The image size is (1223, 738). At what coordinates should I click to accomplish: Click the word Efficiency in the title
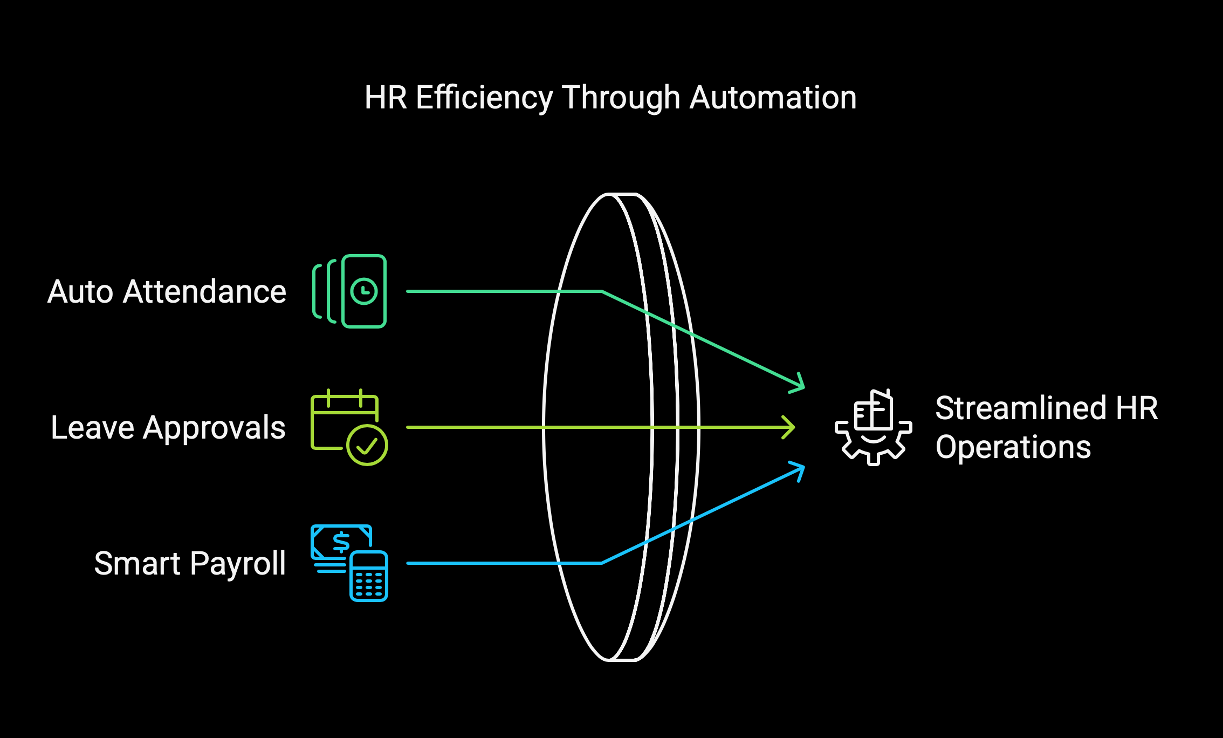tap(484, 98)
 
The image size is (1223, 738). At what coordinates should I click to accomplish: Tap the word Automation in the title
tap(773, 98)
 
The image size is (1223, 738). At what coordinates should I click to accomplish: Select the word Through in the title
tap(622, 98)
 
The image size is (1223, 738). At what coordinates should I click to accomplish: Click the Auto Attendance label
tap(167, 292)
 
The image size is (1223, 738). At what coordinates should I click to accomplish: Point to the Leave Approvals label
tap(168, 428)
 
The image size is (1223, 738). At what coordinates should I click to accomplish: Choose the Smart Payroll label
tap(190, 564)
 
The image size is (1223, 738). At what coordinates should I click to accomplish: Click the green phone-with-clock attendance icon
tap(349, 291)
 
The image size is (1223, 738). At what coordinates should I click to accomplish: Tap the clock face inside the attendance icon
tap(364, 291)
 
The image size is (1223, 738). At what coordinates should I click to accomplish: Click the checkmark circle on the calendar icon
tap(367, 445)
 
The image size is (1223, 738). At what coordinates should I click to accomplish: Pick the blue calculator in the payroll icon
tap(369, 576)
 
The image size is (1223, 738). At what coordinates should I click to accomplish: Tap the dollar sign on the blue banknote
tap(341, 542)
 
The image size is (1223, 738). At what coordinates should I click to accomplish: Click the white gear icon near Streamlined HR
tap(874, 427)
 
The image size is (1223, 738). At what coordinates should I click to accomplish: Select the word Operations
tap(1013, 447)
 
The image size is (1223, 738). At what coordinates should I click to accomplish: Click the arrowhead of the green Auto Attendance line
tap(798, 383)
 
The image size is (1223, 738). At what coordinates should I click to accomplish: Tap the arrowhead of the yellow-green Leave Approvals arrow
tap(789, 427)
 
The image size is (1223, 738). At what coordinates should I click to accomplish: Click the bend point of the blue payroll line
tap(602, 563)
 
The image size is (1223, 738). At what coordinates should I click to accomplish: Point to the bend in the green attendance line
tap(602, 291)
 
